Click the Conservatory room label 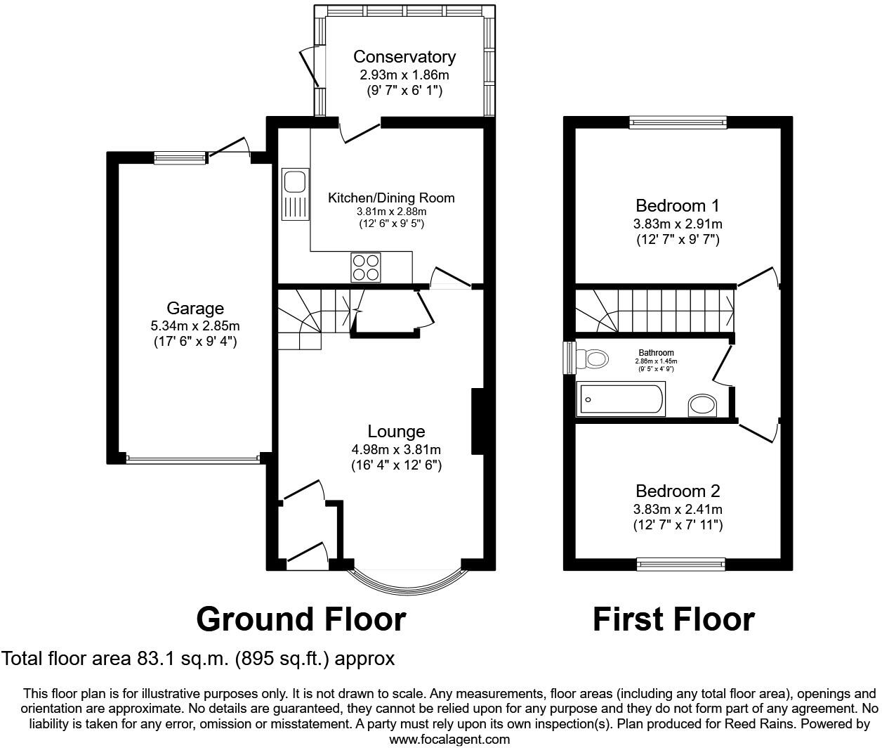click(x=404, y=57)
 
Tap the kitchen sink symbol click(x=294, y=195)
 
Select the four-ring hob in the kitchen click(x=366, y=267)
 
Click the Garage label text click(x=195, y=308)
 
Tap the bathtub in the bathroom click(x=620, y=399)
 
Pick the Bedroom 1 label click(x=677, y=206)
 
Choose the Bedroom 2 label click(x=678, y=491)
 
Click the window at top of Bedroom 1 click(x=678, y=123)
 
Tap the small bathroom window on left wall click(x=570, y=359)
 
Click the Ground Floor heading click(x=301, y=619)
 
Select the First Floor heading click(x=673, y=619)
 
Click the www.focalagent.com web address click(x=449, y=739)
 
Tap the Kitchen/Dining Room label click(x=391, y=198)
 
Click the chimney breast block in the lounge click(x=477, y=423)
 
